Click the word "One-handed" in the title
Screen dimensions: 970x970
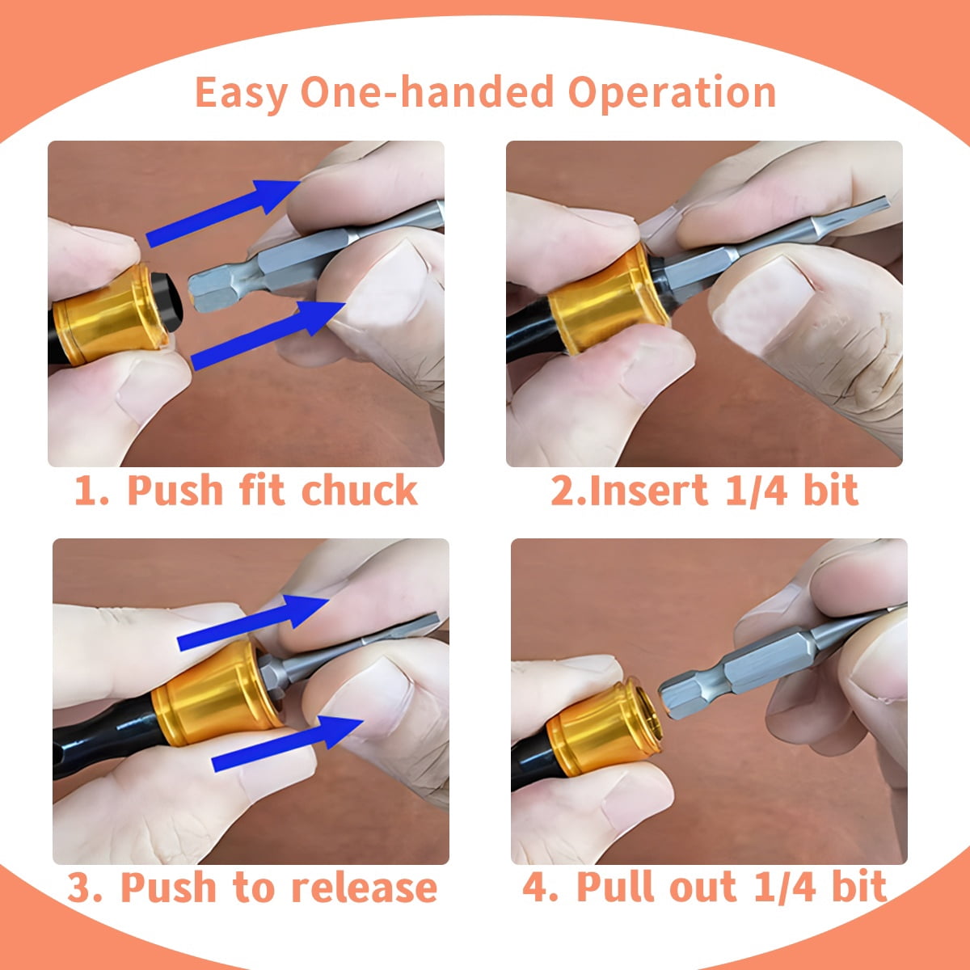(x=427, y=91)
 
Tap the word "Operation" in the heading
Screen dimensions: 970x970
(x=672, y=93)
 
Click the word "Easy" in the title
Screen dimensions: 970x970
(x=241, y=93)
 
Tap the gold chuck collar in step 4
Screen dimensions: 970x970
(x=598, y=732)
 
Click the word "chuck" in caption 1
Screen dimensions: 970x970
(x=359, y=491)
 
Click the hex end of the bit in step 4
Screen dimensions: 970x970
(x=687, y=691)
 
